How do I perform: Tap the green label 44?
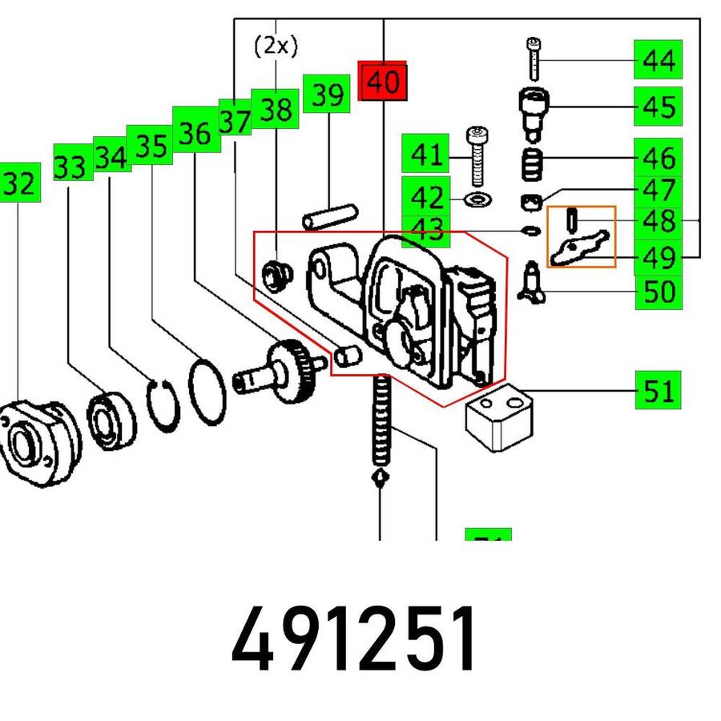658,60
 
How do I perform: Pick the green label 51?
658,391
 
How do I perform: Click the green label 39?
328,95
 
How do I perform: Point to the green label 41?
425,155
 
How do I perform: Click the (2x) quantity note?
275,46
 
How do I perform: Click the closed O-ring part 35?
207,391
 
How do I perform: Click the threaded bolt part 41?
477,157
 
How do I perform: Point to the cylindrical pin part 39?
328,215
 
